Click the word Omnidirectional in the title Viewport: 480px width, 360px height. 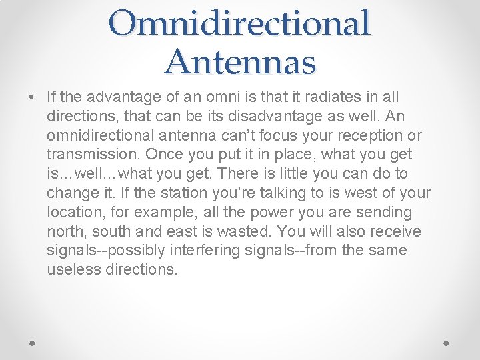click(240, 23)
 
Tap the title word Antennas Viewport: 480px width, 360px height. click(240, 61)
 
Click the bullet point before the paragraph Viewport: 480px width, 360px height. click(32, 97)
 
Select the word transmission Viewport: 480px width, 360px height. click(87, 155)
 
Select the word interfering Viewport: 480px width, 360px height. click(189, 251)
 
